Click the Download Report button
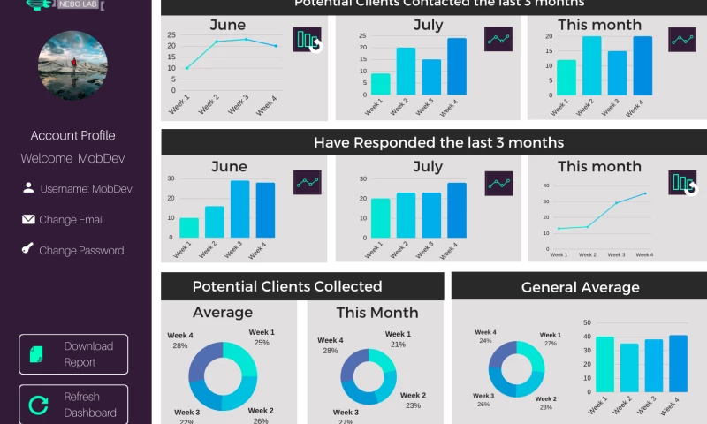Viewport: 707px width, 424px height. tap(73, 353)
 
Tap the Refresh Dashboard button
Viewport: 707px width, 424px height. tap(73, 405)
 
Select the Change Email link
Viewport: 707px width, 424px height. tap(71, 220)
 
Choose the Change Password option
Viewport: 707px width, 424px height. tap(80, 251)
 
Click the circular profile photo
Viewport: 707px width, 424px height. tap(72, 65)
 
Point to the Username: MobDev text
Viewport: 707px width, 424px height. tap(85, 189)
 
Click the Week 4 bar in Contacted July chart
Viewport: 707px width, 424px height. tap(457, 66)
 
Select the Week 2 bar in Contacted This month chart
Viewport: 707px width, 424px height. tap(591, 65)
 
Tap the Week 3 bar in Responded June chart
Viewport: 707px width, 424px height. tap(239, 209)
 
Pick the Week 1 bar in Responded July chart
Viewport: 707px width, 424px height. tap(380, 217)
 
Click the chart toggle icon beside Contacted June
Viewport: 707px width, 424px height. tap(308, 40)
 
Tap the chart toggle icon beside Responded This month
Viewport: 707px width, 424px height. tap(682, 183)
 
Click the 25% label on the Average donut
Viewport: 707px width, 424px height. tap(262, 343)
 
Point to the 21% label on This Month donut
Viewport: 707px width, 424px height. tap(398, 344)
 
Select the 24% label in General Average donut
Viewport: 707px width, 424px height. tap(485, 340)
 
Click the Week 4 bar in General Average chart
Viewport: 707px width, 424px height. tap(678, 364)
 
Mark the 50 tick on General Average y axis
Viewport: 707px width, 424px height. tap(587, 323)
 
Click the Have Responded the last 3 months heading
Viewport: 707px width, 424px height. tap(438, 142)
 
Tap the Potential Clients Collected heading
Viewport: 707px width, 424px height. tap(287, 286)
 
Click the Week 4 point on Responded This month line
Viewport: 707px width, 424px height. tap(645, 193)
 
